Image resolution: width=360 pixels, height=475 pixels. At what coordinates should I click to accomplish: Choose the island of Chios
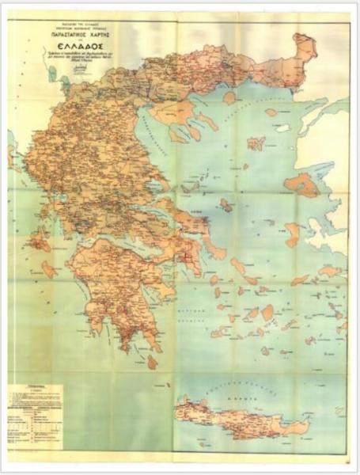(x=292, y=234)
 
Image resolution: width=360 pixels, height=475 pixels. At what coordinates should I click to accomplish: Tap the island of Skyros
(x=225, y=204)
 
